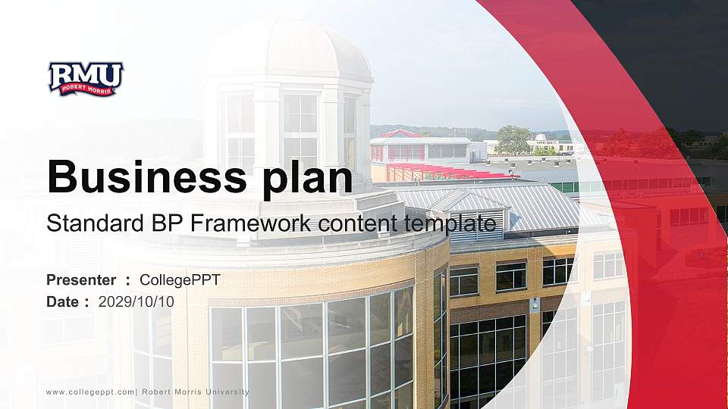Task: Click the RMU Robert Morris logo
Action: [85, 79]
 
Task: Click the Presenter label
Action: [81, 280]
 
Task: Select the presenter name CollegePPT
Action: [180, 280]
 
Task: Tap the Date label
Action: [63, 301]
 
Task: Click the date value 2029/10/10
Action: [136, 301]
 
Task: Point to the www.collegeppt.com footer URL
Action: [89, 392]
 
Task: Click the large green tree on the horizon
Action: [513, 139]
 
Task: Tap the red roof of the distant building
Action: [400, 134]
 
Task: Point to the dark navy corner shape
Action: [667, 45]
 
